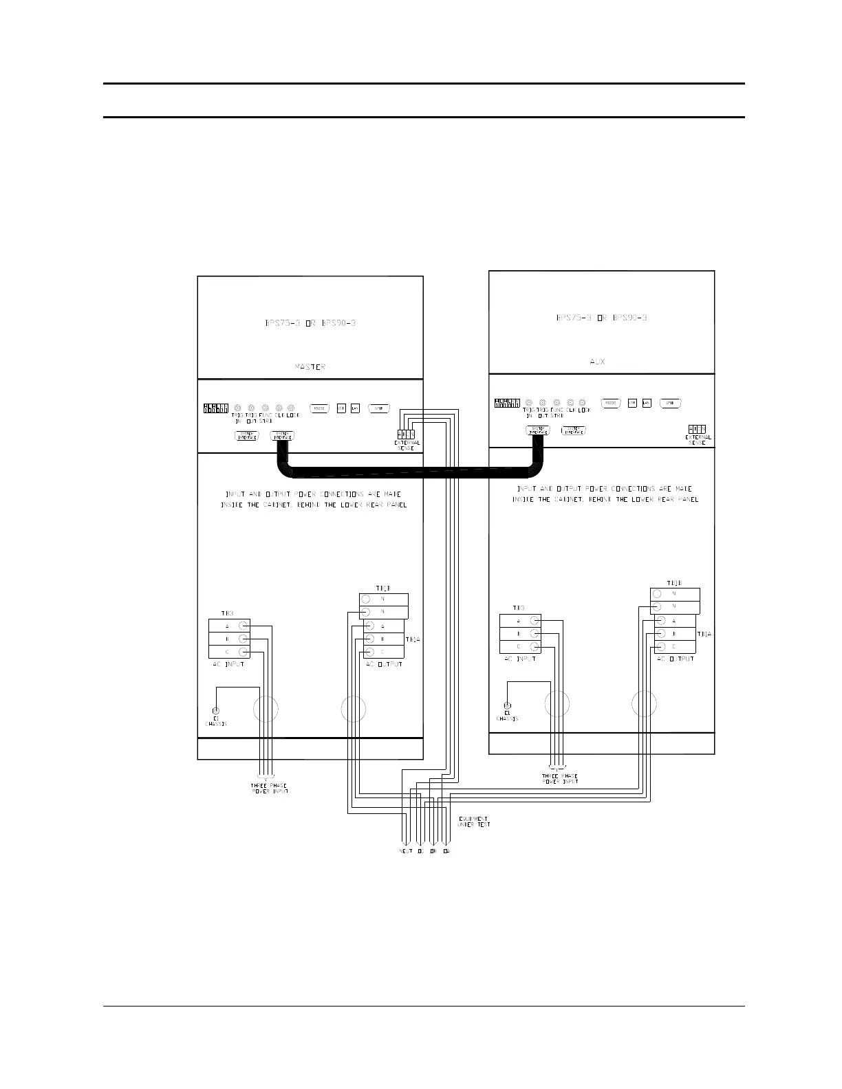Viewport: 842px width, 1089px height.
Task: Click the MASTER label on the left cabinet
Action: tap(310, 366)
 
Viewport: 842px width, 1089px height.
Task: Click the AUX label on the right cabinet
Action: tap(597, 361)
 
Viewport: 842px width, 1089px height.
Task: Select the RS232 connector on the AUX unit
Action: tap(611, 403)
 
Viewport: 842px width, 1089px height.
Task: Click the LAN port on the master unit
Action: tap(355, 408)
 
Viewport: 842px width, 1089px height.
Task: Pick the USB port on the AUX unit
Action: tap(632, 403)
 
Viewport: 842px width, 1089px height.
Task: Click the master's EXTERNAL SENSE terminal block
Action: tap(405, 434)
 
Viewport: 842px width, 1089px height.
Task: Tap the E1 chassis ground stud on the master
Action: tap(216, 710)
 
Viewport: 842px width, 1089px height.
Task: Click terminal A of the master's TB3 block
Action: tap(244, 626)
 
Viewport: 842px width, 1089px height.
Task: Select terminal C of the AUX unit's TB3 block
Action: tap(535, 646)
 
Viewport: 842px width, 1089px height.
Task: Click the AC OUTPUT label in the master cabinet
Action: tap(384, 664)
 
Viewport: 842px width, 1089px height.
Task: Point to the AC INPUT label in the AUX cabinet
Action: tap(519, 659)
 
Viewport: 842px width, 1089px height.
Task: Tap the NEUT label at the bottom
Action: tap(406, 851)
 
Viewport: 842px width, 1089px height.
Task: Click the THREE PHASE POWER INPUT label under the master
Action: tap(269, 789)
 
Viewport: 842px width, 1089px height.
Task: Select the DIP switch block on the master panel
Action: tap(215, 408)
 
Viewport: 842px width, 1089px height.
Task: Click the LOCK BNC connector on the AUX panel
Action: tap(583, 402)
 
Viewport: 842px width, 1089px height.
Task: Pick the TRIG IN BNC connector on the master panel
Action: tap(237, 408)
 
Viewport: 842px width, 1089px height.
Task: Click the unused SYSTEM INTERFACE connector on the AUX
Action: tap(573, 430)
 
